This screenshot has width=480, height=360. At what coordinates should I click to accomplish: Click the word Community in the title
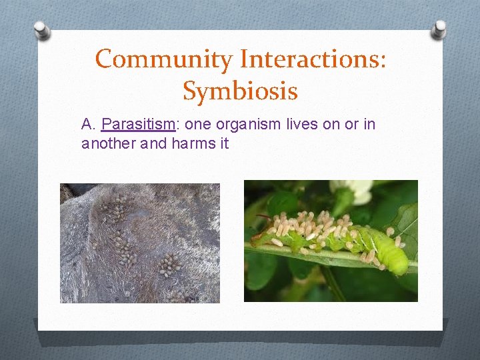tap(164, 59)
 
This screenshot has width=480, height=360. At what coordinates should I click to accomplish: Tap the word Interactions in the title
tap(307, 59)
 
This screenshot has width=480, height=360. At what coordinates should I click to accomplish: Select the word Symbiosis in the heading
tap(240, 91)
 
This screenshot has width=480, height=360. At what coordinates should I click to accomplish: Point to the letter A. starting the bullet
tap(89, 124)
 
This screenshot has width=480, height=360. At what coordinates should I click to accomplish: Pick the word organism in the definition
tap(228, 124)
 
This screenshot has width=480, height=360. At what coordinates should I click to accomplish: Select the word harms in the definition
tap(191, 143)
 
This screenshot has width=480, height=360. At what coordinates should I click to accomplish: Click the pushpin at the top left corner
tap(41, 29)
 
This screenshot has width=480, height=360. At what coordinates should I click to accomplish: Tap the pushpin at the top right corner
tap(439, 28)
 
